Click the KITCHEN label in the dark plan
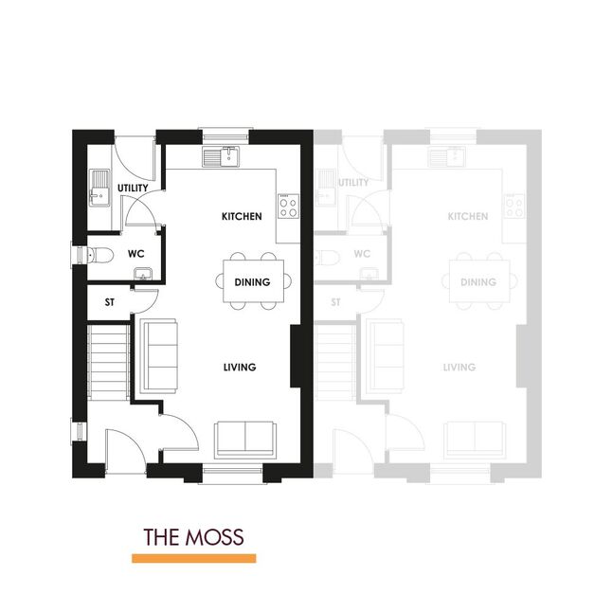(242, 216)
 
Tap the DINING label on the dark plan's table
(252, 282)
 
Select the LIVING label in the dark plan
(240, 367)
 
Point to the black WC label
(135, 254)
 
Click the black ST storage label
(110, 302)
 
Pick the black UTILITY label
(133, 188)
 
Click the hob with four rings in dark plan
(288, 207)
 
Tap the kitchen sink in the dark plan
(221, 156)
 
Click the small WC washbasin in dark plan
(143, 274)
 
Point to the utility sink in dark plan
(99, 188)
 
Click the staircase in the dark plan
(109, 362)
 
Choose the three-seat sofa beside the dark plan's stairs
(159, 355)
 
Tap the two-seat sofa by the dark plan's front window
(244, 440)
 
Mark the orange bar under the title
(194, 558)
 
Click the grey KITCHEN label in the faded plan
(468, 216)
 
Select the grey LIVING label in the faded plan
(459, 367)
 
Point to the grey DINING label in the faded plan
(478, 282)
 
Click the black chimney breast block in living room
(296, 356)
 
